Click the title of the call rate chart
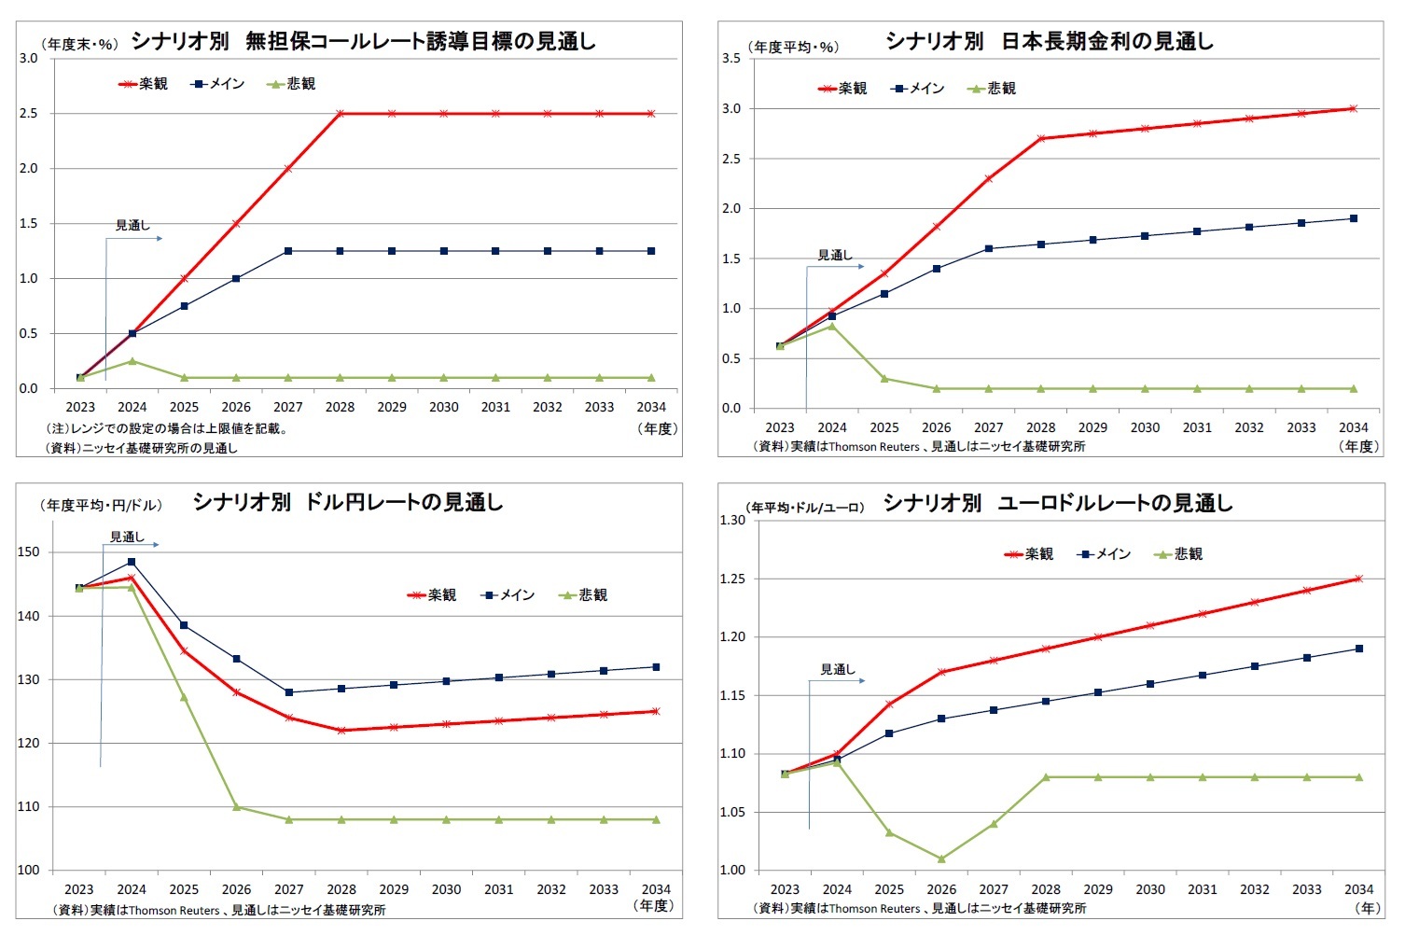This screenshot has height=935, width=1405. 363,41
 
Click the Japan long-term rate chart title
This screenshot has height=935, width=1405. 1049,41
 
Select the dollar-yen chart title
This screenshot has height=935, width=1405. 348,502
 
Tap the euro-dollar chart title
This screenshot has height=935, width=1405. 1057,503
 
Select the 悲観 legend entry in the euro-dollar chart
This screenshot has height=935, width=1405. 1179,554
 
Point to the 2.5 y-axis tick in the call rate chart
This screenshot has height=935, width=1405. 28,114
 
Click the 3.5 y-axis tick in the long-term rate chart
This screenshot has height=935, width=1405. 731,59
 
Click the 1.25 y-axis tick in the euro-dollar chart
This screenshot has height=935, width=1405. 732,579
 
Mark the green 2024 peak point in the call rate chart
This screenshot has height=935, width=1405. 132,361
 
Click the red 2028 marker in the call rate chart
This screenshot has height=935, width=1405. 341,114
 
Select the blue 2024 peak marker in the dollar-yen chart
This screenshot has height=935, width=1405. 132,562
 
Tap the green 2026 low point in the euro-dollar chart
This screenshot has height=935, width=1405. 941,858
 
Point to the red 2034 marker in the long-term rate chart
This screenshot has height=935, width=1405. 1353,108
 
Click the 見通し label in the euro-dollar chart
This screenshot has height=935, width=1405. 837,669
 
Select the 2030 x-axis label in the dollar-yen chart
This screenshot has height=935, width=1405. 446,889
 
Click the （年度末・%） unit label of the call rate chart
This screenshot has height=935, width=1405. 79,44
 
